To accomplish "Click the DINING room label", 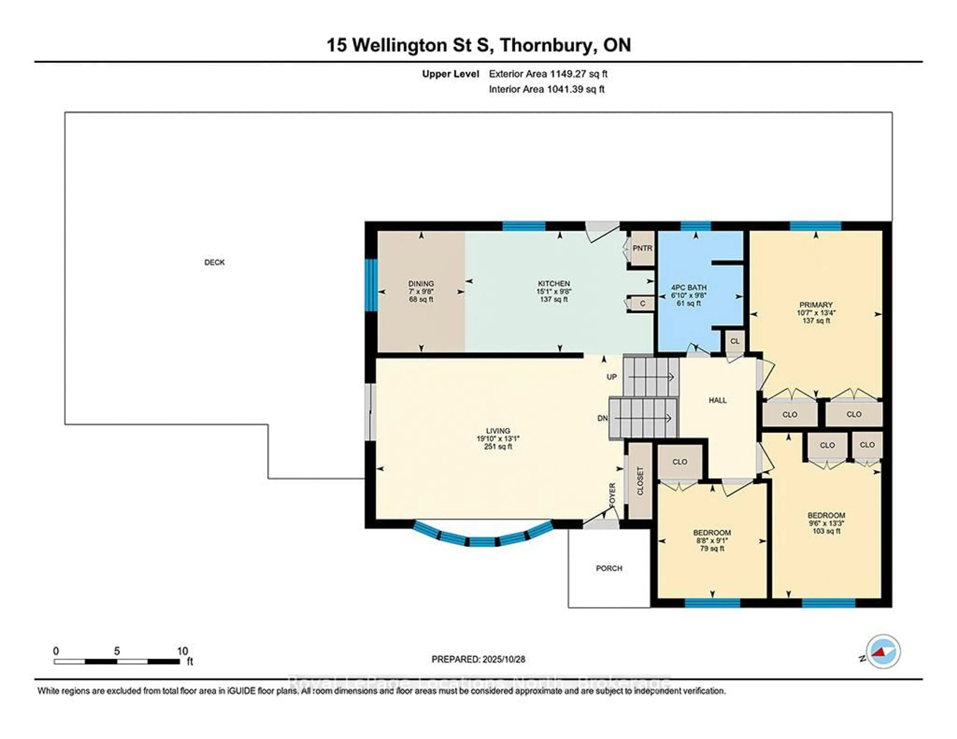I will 421,284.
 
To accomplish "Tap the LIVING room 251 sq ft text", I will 498,447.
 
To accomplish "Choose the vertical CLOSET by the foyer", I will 640,481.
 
